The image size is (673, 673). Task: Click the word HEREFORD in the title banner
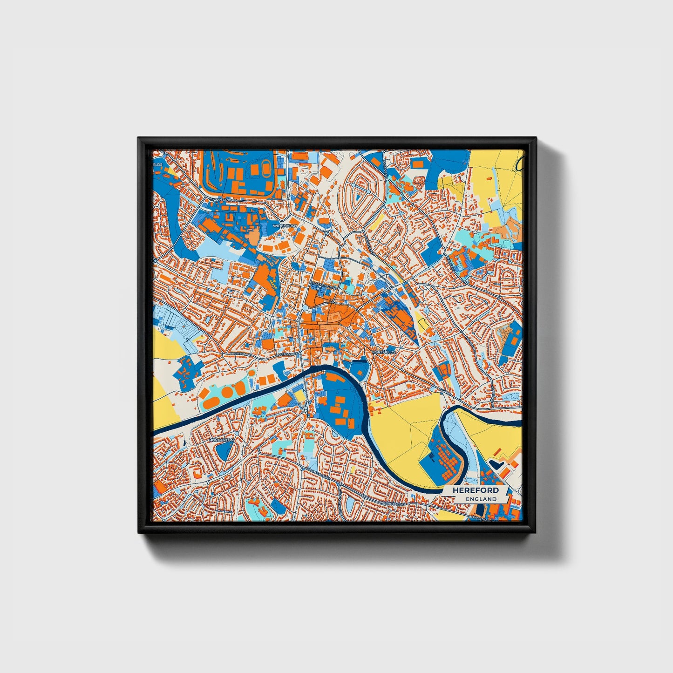click(472, 490)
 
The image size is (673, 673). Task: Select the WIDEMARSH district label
click(285, 224)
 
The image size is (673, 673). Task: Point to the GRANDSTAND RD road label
click(223, 200)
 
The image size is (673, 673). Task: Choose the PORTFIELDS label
click(384, 352)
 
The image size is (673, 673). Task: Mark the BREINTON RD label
click(241, 354)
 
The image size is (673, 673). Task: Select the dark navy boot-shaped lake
click(496, 464)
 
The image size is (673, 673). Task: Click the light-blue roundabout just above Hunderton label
click(236, 433)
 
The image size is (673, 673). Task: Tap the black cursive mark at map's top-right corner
click(520, 163)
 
